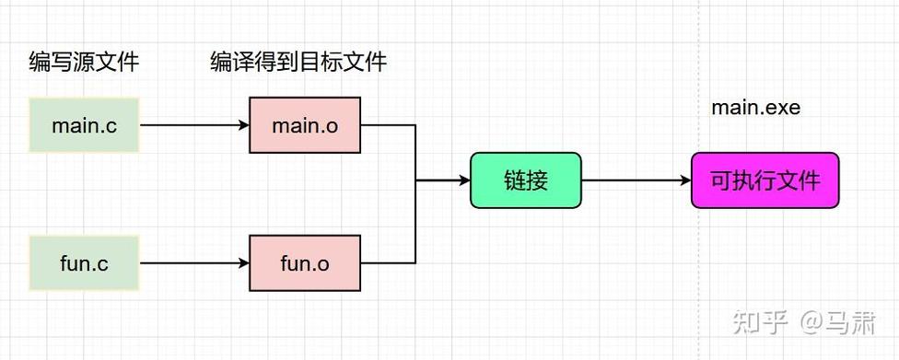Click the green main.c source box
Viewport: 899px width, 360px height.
(84, 125)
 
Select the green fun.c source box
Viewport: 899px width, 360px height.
(84, 263)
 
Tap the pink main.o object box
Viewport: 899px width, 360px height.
(304, 125)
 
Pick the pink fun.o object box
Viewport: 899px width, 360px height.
(304, 263)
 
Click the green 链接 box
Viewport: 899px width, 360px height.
(526, 180)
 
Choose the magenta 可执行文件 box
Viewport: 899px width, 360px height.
(765, 180)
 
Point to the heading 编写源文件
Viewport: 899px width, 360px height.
(84, 63)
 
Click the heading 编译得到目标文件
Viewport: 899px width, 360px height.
(298, 63)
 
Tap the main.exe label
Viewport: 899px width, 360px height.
(755, 108)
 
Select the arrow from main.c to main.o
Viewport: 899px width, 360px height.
(193, 125)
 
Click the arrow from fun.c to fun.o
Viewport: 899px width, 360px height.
(193, 263)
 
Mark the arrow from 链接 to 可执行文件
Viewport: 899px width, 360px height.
(636, 180)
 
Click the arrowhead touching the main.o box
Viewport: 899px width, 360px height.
(243, 125)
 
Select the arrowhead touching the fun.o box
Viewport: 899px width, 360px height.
(243, 263)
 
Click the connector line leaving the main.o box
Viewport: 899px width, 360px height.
(387, 125)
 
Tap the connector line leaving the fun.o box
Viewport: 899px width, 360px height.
(387, 263)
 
